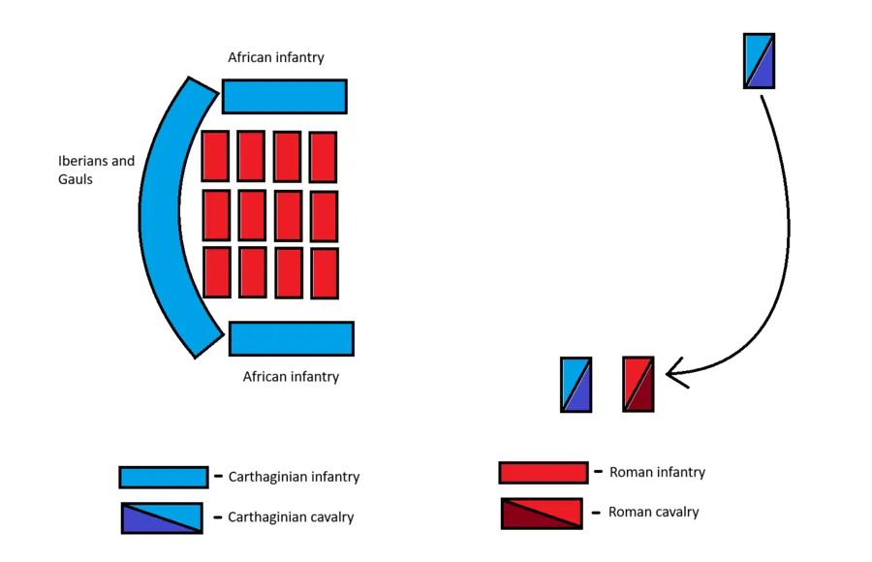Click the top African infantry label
[x=276, y=58]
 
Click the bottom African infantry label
[x=291, y=376]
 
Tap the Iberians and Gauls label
[x=96, y=170]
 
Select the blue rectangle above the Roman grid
[x=284, y=97]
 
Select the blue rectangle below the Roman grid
[x=291, y=339]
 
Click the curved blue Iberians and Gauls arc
[x=161, y=218]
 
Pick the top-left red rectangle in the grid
[x=215, y=156]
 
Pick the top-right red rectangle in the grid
[x=323, y=157]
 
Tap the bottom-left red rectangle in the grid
[x=217, y=272]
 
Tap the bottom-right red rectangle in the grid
[x=325, y=273]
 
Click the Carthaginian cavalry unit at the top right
[x=759, y=60]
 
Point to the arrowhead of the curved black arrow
[x=673, y=371]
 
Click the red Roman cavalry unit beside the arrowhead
[x=638, y=384]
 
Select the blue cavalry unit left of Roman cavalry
[x=576, y=385]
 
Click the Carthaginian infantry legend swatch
[x=163, y=477]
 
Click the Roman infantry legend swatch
[x=543, y=473]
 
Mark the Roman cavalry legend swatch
[x=542, y=514]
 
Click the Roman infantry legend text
[x=657, y=473]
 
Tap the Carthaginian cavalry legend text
[x=291, y=517]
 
